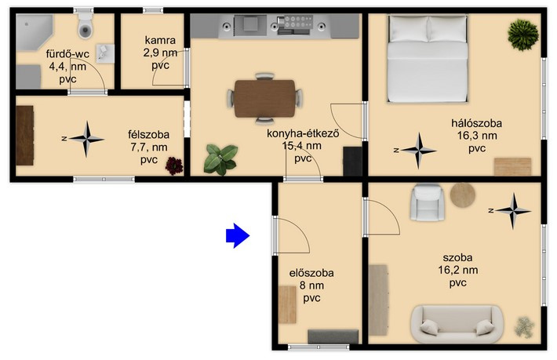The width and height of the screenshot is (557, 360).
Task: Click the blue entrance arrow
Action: [238, 235]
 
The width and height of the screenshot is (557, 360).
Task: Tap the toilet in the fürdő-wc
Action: [86, 27]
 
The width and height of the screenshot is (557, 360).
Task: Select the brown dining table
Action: [264, 98]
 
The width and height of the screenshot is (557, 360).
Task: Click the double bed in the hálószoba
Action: [428, 59]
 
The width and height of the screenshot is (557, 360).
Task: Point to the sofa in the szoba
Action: [457, 324]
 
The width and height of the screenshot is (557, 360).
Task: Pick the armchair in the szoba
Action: [428, 202]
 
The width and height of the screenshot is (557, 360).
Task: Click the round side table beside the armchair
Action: [463, 195]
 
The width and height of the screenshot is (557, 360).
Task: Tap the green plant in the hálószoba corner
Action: [523, 35]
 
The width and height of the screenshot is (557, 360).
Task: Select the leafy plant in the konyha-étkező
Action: [220, 160]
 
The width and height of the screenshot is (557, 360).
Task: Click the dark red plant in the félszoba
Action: [174, 165]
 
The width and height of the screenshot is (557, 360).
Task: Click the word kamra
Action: [160, 40]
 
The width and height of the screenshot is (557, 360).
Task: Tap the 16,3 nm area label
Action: [477, 136]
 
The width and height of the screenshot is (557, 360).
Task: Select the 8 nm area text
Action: [311, 285]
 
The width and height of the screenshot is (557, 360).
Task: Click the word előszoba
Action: [311, 273]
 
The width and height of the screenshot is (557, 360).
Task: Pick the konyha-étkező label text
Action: [303, 134]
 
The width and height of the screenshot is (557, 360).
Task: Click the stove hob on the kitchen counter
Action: [296, 22]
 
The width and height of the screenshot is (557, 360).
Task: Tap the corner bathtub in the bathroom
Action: [34, 32]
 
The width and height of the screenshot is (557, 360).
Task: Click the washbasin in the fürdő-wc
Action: [105, 53]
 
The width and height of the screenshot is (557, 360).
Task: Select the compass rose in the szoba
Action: [511, 211]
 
